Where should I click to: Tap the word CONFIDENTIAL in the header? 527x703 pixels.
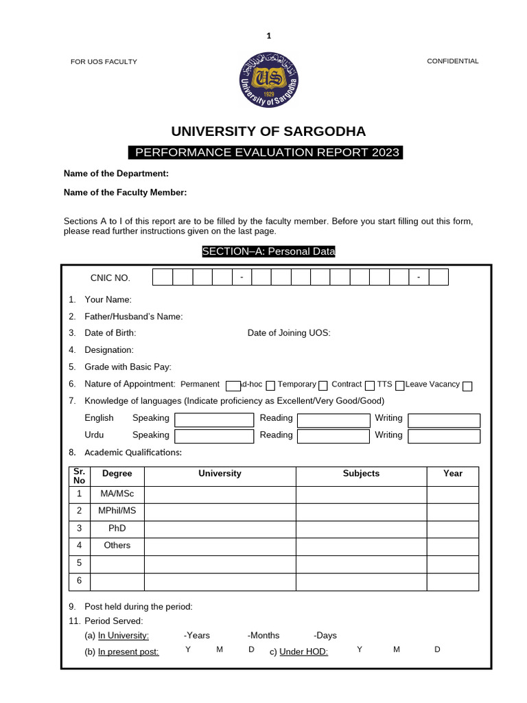pyautogui.click(x=453, y=61)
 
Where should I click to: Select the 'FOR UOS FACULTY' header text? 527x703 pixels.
pyautogui.click(x=104, y=62)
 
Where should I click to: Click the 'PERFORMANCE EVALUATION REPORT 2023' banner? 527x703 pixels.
pyautogui.click(x=266, y=152)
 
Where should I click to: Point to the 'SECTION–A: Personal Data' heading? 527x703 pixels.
pyautogui.click(x=268, y=252)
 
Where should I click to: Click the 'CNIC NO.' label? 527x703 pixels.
pyautogui.click(x=110, y=278)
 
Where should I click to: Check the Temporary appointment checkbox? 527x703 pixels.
pyautogui.click(x=323, y=385)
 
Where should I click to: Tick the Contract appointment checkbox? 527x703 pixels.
pyautogui.click(x=370, y=385)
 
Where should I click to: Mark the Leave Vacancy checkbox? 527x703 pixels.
pyautogui.click(x=467, y=386)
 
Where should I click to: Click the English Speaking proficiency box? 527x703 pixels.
pyautogui.click(x=214, y=419)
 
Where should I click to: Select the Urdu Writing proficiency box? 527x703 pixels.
pyautogui.click(x=444, y=436)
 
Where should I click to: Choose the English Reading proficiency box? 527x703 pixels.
pyautogui.click(x=333, y=419)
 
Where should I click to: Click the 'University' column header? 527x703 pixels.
pyautogui.click(x=220, y=474)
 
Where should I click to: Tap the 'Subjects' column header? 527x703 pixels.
pyautogui.click(x=361, y=474)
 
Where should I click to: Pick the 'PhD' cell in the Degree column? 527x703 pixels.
pyautogui.click(x=117, y=529)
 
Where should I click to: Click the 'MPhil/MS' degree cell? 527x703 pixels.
pyautogui.click(x=117, y=511)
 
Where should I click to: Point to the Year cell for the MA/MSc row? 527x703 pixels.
pyautogui.click(x=453, y=494)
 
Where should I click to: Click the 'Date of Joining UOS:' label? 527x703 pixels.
pyautogui.click(x=289, y=333)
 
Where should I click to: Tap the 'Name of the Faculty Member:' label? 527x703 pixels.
pyautogui.click(x=125, y=193)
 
